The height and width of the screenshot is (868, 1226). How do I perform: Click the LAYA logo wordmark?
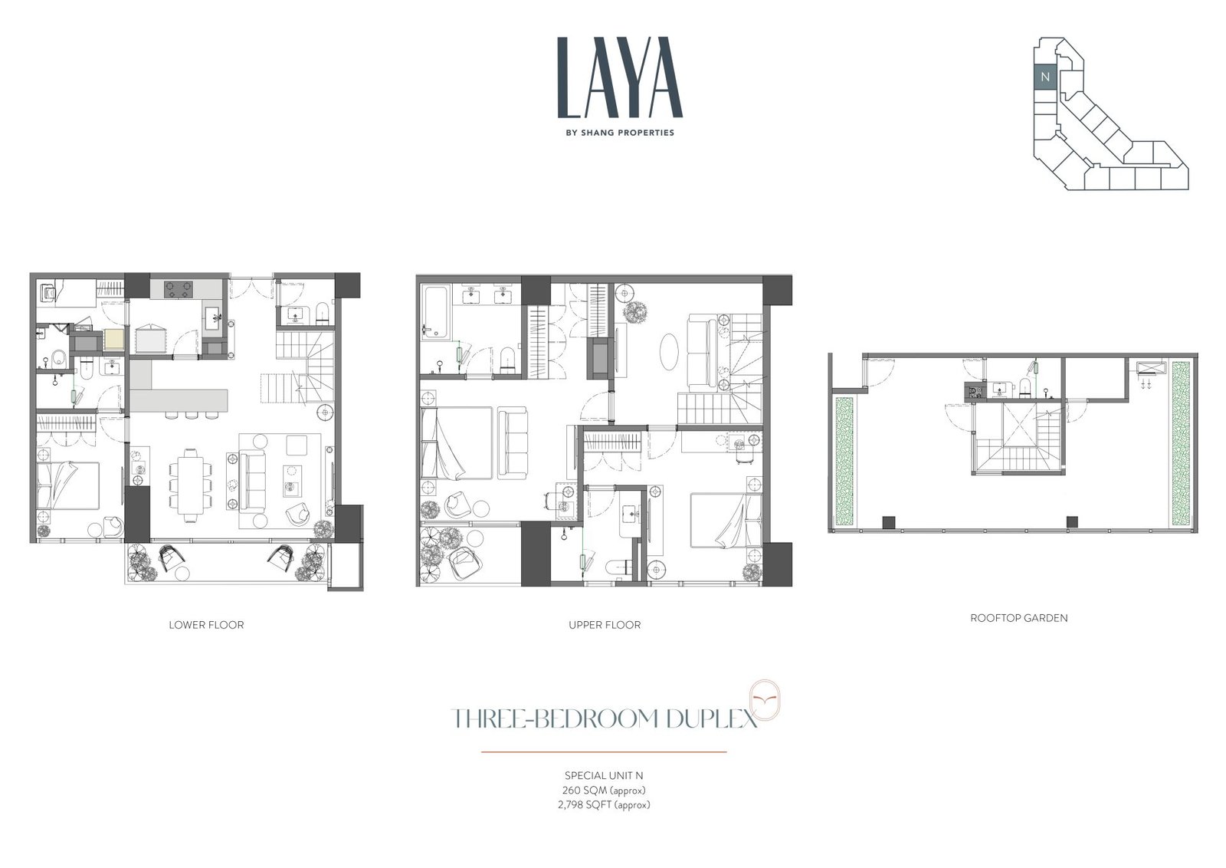(x=620, y=77)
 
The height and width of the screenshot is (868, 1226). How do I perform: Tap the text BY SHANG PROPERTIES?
(x=620, y=133)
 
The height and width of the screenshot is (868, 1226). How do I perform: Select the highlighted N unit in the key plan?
(x=1045, y=77)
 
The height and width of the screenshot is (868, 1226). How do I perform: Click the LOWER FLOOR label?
(x=206, y=625)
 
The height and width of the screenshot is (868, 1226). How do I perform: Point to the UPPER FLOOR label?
(x=605, y=625)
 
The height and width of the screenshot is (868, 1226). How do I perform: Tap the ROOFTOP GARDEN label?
(x=1018, y=618)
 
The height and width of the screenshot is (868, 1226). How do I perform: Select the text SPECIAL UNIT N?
(x=604, y=775)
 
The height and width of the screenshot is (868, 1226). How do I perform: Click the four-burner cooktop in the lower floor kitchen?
(x=179, y=290)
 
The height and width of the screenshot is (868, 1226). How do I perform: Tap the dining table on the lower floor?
(x=190, y=485)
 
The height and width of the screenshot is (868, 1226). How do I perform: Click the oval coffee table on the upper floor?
(x=670, y=352)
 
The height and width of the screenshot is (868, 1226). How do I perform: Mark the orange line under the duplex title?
(x=604, y=752)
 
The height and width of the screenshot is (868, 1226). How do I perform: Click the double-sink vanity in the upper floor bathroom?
(x=486, y=295)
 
